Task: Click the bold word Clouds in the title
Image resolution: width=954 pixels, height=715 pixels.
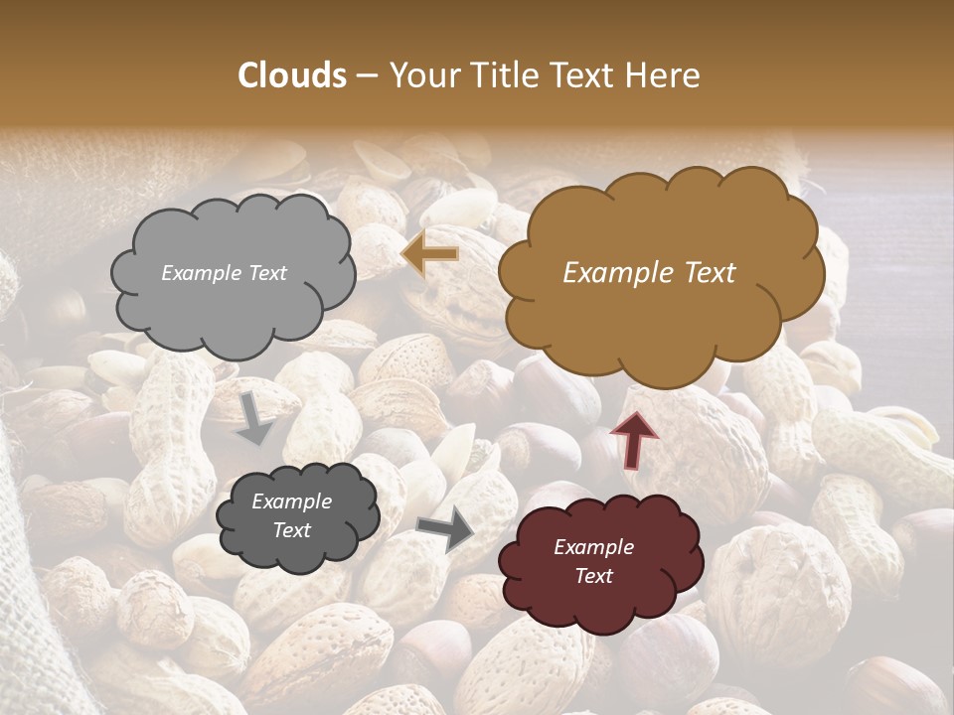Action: tap(292, 75)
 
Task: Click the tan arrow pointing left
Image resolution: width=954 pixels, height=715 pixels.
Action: tap(431, 255)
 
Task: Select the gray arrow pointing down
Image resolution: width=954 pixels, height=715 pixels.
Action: tap(255, 417)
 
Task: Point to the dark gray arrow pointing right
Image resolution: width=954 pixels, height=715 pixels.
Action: tap(446, 529)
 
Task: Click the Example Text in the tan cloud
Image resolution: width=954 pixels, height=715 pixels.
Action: tap(649, 273)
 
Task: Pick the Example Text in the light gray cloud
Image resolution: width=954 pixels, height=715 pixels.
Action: tap(224, 273)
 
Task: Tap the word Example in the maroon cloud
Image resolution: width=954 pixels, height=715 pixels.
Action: tap(593, 547)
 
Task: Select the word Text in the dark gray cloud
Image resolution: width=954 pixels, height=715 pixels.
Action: tap(291, 530)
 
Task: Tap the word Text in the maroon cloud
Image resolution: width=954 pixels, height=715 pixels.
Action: tap(593, 576)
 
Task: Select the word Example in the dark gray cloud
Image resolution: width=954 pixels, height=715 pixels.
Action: tap(291, 501)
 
